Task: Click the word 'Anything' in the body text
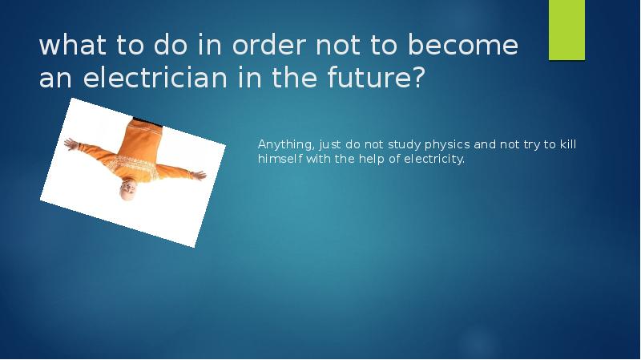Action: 284,145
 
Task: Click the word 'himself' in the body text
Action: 279,159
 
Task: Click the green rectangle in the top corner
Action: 566,30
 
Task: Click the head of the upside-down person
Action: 128,189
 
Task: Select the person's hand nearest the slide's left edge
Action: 70,144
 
